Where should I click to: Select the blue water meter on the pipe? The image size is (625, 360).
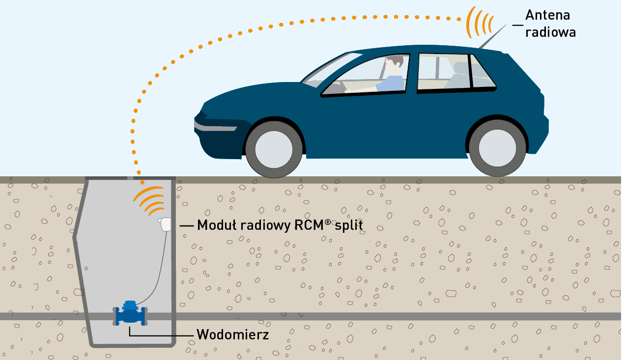click(x=130, y=314)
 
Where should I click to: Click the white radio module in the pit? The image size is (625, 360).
click(x=165, y=224)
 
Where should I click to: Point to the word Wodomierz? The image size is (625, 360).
click(x=232, y=334)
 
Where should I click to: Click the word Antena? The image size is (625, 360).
click(x=547, y=15)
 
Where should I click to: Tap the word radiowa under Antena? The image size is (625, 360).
click(x=550, y=32)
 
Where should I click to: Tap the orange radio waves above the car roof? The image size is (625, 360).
click(x=479, y=22)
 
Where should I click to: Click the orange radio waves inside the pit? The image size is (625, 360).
click(x=149, y=201)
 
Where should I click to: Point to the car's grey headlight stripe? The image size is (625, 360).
click(x=215, y=127)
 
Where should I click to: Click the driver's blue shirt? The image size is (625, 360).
click(x=392, y=83)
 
